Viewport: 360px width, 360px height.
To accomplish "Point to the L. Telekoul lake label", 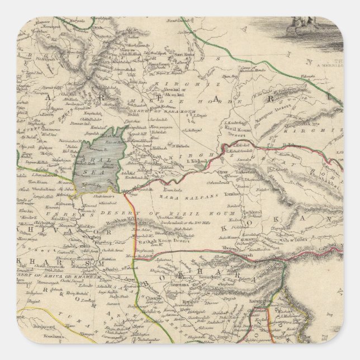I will point(196,161).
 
